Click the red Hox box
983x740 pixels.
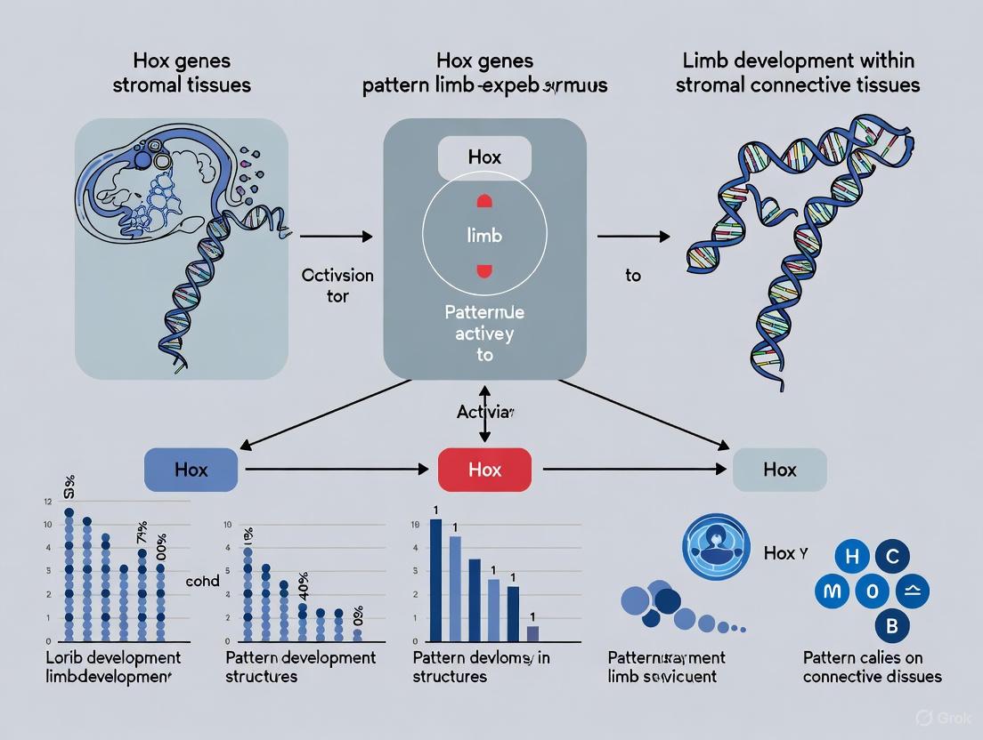tap(484, 469)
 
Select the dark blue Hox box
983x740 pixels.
tap(191, 469)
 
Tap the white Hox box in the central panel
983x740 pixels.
tap(484, 157)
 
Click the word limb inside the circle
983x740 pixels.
tap(484, 235)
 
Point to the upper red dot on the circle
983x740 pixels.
tap(484, 201)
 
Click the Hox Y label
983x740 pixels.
tap(785, 553)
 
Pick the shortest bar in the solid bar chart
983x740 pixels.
tap(532, 632)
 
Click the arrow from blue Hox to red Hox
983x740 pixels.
tap(338, 468)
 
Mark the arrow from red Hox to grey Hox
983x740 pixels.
tap(631, 468)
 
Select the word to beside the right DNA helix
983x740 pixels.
tap(632, 276)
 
